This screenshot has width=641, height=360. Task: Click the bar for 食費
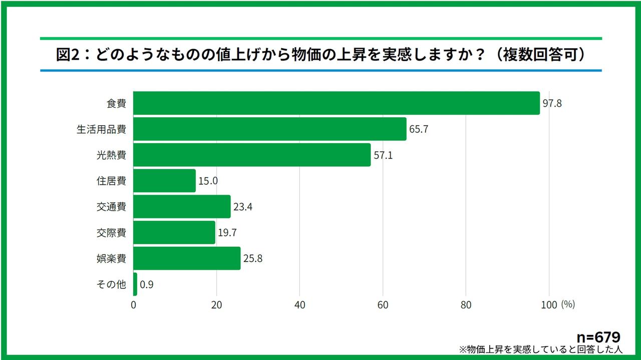[x=337, y=103]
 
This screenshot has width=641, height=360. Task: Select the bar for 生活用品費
[x=270, y=129]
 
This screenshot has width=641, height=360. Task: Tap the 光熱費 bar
[x=252, y=155]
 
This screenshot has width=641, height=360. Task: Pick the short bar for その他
[x=135, y=284]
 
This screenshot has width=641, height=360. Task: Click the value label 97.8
[x=552, y=103]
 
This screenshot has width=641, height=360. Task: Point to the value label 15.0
[x=208, y=181]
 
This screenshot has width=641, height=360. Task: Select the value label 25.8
[x=253, y=259]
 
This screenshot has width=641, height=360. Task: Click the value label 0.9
[x=146, y=284]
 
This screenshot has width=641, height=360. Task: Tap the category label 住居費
[x=111, y=181]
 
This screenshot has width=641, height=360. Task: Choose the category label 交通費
[x=111, y=207]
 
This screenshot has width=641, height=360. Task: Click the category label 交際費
[x=111, y=233]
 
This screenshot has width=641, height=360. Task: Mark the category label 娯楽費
[x=111, y=259]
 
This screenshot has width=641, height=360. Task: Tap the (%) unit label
[x=568, y=304]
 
